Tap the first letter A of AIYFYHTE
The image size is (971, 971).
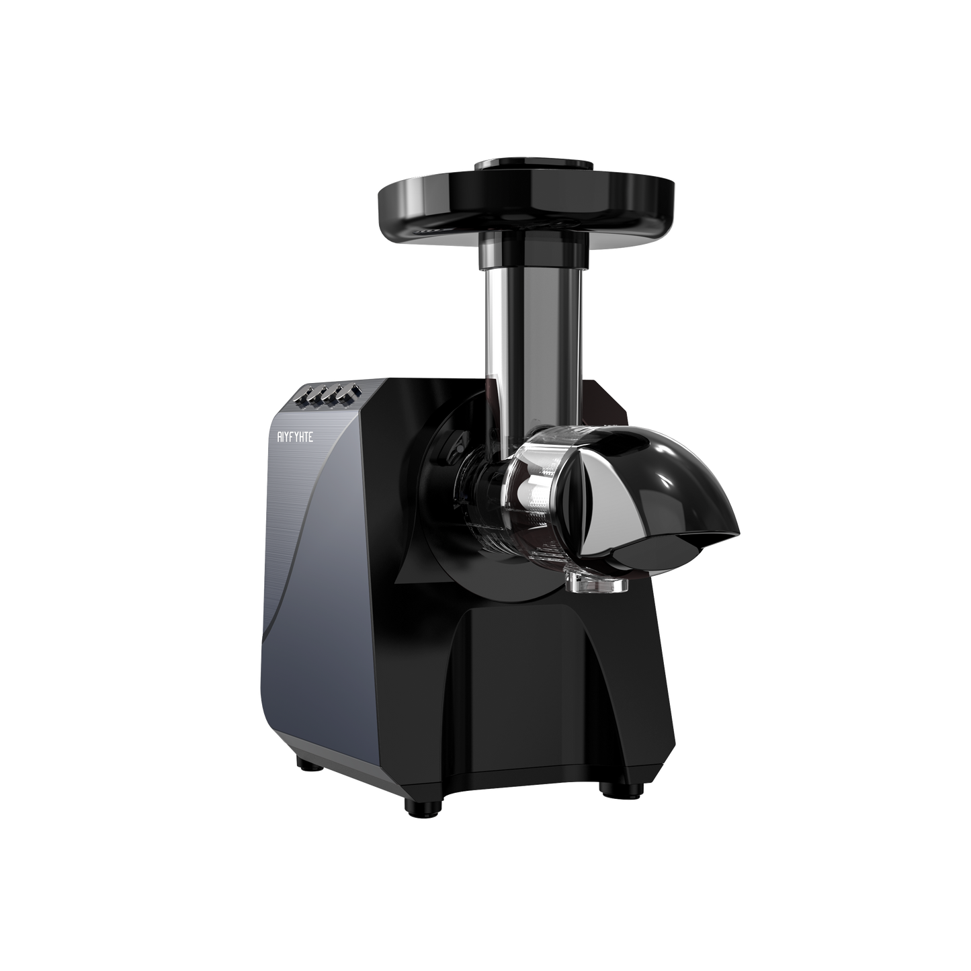click(x=282, y=435)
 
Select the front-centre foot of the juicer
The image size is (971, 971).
click(x=417, y=802)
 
